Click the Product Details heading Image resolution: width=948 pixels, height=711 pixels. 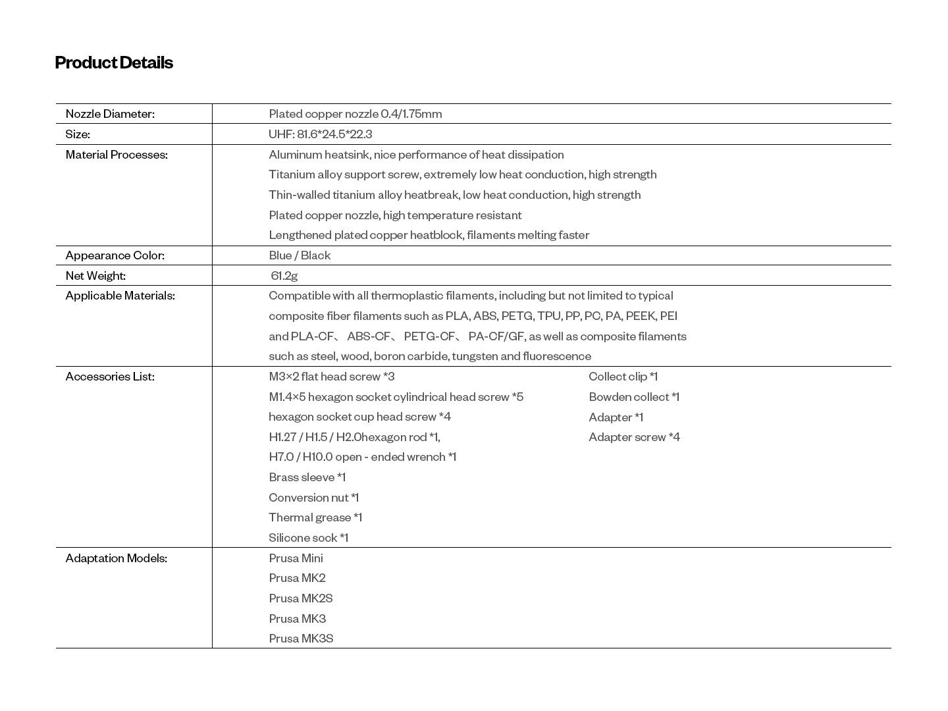(x=114, y=63)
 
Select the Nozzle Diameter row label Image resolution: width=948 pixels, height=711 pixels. (x=110, y=114)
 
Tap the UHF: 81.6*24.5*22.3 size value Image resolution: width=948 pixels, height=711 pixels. (x=320, y=134)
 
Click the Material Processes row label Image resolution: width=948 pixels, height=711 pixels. (x=117, y=155)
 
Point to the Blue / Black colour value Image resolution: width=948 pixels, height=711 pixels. (x=300, y=255)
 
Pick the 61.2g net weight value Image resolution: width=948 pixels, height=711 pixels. (x=284, y=276)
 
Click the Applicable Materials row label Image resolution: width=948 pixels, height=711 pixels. (x=120, y=296)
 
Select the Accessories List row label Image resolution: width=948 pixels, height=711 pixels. (x=110, y=377)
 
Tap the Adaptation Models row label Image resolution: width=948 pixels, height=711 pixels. (x=116, y=558)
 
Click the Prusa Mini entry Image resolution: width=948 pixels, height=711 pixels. (x=296, y=558)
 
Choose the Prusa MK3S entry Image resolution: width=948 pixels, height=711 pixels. (x=301, y=639)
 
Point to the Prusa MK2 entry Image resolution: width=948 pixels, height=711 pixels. (x=297, y=578)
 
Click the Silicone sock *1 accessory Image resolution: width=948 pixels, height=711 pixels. (x=308, y=538)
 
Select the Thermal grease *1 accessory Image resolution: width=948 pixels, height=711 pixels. (x=315, y=517)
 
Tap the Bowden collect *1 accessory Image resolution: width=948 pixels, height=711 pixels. (x=634, y=397)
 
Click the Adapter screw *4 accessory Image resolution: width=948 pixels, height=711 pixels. (x=634, y=437)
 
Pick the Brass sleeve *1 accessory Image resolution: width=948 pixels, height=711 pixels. (x=307, y=477)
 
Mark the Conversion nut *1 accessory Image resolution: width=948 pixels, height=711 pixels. (x=313, y=498)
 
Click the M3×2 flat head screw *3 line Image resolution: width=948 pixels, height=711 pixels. (x=331, y=377)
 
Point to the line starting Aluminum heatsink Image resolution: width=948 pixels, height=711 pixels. (x=416, y=155)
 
